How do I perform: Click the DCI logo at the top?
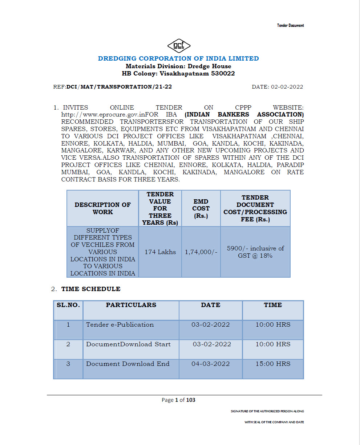tap(179, 46)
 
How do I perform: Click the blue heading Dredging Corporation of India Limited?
tap(178, 58)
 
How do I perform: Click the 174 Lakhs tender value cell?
tap(160, 252)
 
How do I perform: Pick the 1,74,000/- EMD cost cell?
tap(201, 252)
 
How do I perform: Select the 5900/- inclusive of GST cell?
tap(255, 252)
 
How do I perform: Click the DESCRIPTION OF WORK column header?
tap(102, 208)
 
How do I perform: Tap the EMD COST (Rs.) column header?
tap(201, 208)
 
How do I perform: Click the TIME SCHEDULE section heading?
tap(91, 289)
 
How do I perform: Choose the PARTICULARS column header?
tap(131, 305)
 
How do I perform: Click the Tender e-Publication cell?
tap(120, 324)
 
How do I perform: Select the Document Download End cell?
tap(128, 364)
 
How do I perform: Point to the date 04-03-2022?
tap(211, 364)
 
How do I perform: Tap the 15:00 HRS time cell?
tap(273, 364)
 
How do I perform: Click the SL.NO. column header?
tap(68, 305)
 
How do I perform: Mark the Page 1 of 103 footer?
tap(178, 400)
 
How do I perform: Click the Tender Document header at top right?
tap(290, 25)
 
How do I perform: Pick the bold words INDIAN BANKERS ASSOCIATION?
tap(244, 115)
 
